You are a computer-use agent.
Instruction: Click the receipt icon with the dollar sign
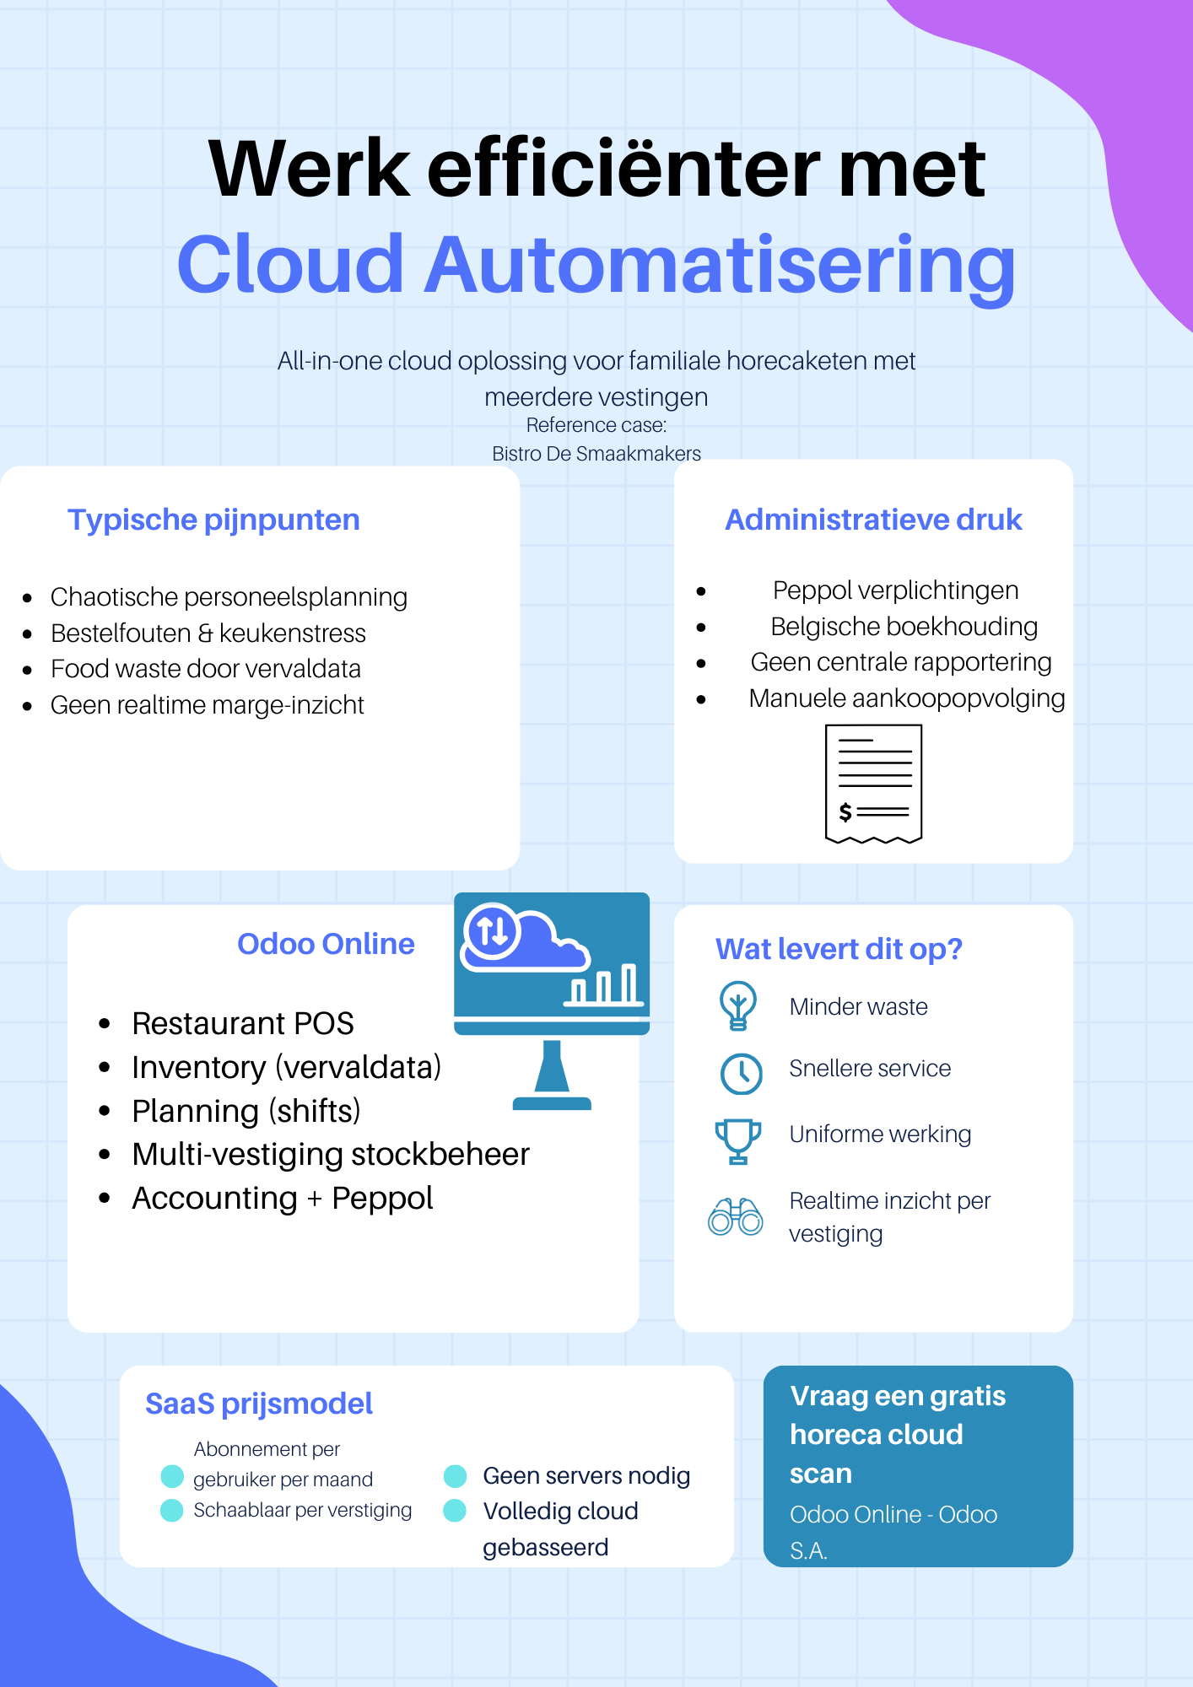[873, 784]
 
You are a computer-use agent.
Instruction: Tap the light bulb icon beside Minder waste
[738, 1005]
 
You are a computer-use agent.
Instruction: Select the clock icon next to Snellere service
[741, 1073]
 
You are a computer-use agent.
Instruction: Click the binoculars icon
[735, 1216]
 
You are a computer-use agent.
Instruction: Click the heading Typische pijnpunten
[213, 520]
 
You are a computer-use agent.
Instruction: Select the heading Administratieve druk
[873, 520]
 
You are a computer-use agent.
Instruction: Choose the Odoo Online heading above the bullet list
[326, 944]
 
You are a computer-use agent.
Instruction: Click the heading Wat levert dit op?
[839, 949]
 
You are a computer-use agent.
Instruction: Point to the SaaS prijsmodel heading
[259, 1404]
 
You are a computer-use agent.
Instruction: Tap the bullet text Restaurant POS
[243, 1023]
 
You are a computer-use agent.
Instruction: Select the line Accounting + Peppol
[283, 1198]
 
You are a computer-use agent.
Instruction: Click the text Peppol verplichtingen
[895, 590]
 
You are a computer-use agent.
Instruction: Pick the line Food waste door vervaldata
[206, 669]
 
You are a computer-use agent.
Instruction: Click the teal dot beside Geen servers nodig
[455, 1476]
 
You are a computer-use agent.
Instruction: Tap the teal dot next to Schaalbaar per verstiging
[172, 1510]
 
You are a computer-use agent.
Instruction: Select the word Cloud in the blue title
[290, 264]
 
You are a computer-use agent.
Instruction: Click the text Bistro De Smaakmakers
[596, 454]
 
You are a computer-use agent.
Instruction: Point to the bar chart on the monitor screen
[604, 985]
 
